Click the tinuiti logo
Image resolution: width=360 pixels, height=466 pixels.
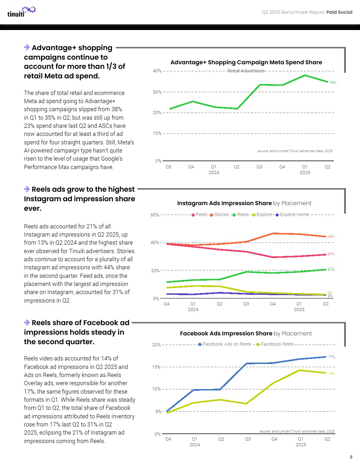click(x=21, y=12)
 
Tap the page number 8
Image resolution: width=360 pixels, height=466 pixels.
click(x=351, y=457)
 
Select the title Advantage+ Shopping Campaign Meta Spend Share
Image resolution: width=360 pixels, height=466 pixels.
click(x=246, y=62)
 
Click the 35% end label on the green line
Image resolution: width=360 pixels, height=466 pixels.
click(x=333, y=83)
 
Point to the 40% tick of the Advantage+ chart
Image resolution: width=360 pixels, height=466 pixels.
click(x=157, y=71)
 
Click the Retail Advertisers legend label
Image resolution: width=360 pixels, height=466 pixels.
click(x=246, y=71)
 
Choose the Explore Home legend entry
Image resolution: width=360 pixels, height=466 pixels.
click(x=294, y=215)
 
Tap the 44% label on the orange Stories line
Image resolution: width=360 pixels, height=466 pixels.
click(x=331, y=237)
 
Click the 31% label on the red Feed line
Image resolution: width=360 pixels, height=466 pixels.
click(x=331, y=254)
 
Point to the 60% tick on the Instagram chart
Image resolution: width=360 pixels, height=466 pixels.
click(x=155, y=215)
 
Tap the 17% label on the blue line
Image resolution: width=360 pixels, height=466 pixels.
click(x=331, y=357)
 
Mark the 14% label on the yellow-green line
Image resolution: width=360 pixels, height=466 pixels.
click(x=331, y=374)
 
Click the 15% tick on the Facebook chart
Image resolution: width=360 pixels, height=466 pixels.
click(x=156, y=367)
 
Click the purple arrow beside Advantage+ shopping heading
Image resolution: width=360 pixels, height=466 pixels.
click(x=27, y=47)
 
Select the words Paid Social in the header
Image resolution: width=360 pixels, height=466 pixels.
click(x=339, y=12)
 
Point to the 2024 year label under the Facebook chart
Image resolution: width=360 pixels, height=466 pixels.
click(x=194, y=445)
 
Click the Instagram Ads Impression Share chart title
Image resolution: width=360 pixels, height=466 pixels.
click(x=244, y=203)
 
